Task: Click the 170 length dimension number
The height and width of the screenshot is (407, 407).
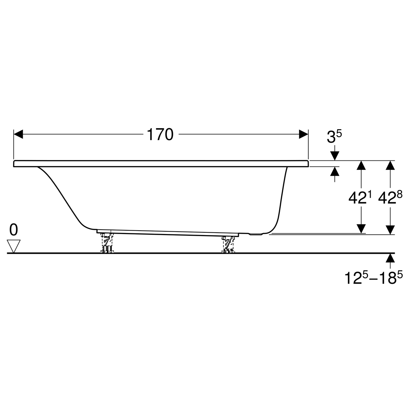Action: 160,135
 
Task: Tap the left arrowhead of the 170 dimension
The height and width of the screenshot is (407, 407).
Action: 18,134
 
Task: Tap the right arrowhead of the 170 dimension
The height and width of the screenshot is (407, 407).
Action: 304,134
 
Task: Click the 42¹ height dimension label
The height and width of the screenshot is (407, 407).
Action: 360,197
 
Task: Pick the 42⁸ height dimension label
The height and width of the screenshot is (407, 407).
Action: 390,197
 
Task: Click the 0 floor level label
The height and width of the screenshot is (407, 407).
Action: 14,230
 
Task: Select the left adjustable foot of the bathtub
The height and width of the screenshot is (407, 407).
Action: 107,243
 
